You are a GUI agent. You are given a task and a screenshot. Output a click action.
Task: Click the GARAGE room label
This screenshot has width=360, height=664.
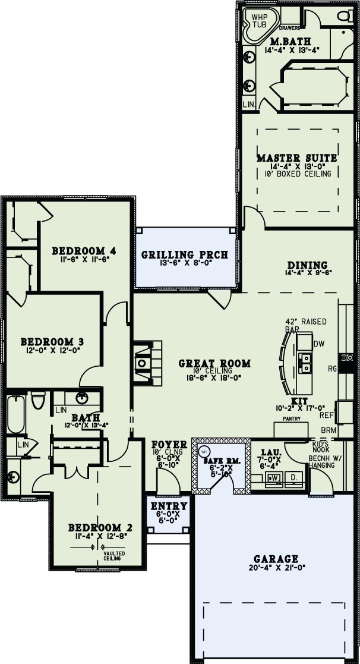(276, 559)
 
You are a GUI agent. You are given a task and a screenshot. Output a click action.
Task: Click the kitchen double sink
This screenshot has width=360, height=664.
(305, 362)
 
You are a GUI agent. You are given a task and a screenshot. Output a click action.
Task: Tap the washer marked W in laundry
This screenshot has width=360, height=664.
(274, 477)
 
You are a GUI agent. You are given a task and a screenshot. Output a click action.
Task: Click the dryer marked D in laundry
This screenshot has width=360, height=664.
(295, 477)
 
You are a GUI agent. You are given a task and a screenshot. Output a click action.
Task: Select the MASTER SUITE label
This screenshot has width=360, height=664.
(297, 158)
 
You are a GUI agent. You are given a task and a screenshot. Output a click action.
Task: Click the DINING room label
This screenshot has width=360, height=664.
(307, 265)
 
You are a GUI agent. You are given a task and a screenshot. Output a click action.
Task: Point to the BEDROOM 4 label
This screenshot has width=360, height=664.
(83, 250)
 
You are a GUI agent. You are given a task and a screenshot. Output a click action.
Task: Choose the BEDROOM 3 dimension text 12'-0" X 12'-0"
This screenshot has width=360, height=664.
(52, 351)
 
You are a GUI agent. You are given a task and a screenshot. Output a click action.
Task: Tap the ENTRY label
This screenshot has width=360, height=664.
(169, 506)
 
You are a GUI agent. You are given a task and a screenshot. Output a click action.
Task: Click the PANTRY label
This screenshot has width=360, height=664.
(291, 419)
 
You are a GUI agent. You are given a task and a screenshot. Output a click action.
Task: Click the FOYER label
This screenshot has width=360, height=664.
(169, 444)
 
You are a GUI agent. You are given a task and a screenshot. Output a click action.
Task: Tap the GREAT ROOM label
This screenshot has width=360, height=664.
(214, 363)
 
